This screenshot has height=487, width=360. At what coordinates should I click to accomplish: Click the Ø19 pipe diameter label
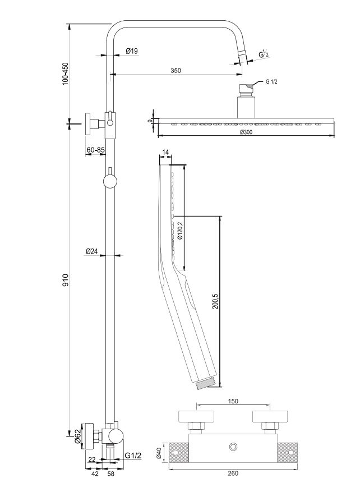pyautogui.click(x=132, y=51)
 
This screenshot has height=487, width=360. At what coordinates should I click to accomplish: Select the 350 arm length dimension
pyautogui.click(x=176, y=71)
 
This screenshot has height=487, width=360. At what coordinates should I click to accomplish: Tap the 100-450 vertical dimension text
pyautogui.click(x=65, y=73)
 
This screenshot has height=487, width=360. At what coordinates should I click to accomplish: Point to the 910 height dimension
pyautogui.click(x=65, y=280)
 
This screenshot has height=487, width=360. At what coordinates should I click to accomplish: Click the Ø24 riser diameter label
pyautogui.click(x=91, y=251)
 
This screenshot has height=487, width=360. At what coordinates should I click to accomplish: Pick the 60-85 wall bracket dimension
pyautogui.click(x=95, y=150)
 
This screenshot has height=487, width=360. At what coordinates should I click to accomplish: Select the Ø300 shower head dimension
pyautogui.click(x=246, y=132)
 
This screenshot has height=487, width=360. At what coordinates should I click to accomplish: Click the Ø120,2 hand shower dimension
pyautogui.click(x=180, y=231)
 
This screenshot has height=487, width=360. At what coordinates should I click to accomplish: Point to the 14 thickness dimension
pyautogui.click(x=165, y=152)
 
